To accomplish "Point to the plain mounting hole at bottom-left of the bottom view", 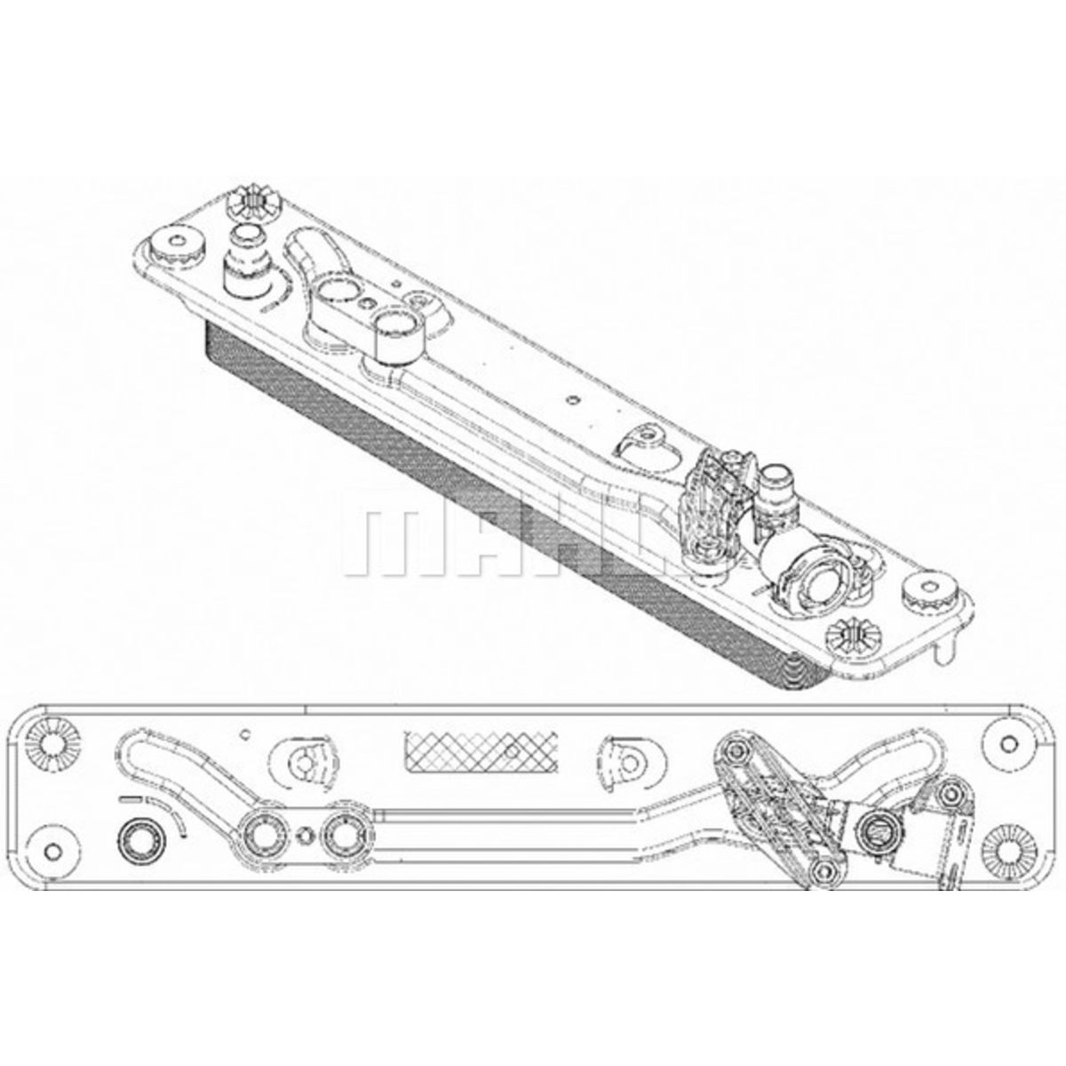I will (x=53, y=850).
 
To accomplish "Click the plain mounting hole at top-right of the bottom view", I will (x=1007, y=743).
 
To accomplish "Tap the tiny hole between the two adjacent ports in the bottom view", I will (x=306, y=833).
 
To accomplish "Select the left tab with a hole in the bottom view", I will (x=307, y=760).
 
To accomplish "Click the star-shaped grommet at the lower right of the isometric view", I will (x=855, y=634).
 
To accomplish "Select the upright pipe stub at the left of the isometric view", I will (x=243, y=258).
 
